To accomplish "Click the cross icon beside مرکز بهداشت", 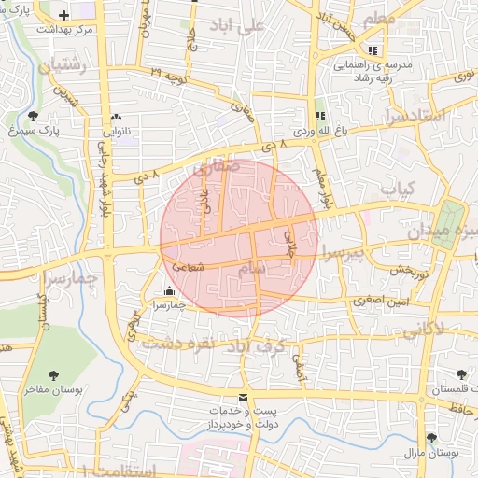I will pos(63,15).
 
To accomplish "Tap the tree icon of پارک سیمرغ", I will pos(34,117).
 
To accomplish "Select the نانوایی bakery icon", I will pos(116,118).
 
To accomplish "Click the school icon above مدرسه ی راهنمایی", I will pos(373,49).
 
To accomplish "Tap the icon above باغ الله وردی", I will pos(320,117).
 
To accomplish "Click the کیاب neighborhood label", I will pos(396,189).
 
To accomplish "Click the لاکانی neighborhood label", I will pos(453,329).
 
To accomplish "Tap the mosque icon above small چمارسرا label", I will pos(168,290).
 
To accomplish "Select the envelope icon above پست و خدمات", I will pos(244,396).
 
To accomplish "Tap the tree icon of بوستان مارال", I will pos(430,438).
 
